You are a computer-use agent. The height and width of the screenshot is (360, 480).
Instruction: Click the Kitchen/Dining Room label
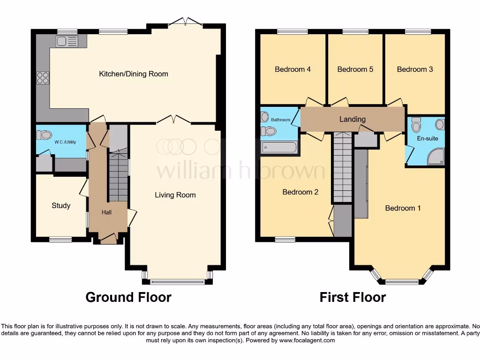coord(133,74)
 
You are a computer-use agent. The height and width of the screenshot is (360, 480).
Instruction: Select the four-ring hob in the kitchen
coord(43,77)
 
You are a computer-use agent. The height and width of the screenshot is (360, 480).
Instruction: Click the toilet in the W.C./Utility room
coord(45,135)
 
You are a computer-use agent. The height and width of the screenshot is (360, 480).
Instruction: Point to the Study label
coord(61,205)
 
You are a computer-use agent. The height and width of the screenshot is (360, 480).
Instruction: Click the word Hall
coord(107,212)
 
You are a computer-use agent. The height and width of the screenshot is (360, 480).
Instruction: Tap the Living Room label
coord(175,195)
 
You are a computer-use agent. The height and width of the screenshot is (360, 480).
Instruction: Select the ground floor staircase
coord(119,176)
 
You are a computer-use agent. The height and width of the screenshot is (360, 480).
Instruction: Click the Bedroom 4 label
coord(292,69)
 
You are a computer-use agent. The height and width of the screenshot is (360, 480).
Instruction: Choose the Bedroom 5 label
coord(355,69)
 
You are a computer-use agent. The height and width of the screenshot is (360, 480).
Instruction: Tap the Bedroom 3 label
coord(415,69)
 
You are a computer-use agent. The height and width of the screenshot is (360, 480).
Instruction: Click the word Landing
coord(352,120)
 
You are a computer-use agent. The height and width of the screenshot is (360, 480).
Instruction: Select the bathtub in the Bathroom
coord(279,148)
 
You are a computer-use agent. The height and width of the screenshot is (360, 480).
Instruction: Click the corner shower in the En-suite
coord(436,157)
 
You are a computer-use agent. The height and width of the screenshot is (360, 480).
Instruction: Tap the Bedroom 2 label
coord(300,192)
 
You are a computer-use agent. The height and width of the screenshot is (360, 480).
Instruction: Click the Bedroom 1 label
coord(403,208)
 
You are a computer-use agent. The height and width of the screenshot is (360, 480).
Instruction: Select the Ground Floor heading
coord(128,297)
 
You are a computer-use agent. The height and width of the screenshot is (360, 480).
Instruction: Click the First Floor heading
coord(352,297)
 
